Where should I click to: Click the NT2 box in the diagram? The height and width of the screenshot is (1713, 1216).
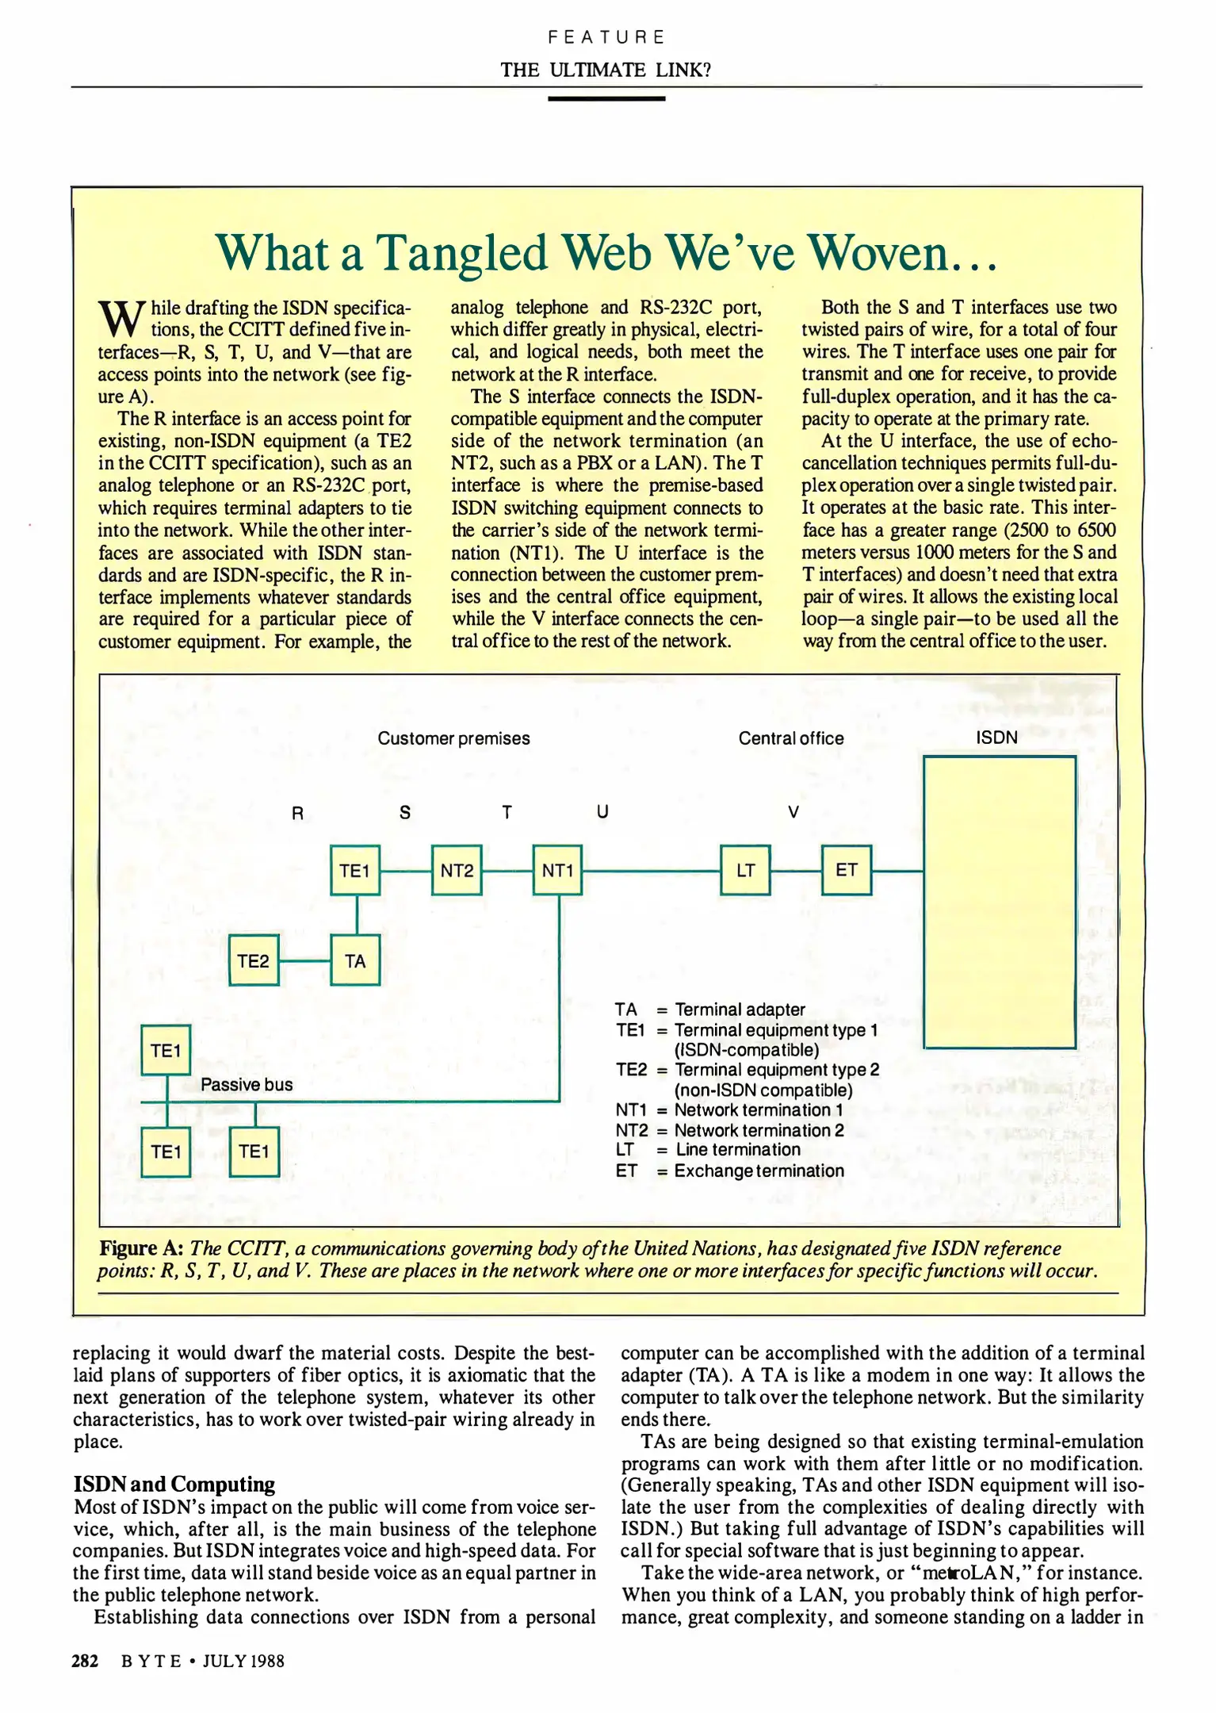(x=457, y=871)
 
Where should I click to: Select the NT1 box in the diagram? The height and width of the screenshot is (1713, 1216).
(x=558, y=871)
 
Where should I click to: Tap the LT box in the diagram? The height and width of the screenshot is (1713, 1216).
(x=745, y=871)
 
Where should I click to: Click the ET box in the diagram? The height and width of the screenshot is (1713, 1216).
(x=846, y=870)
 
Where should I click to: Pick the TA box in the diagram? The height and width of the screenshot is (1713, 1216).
(x=355, y=961)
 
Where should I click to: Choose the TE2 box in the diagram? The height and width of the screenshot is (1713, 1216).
(x=254, y=961)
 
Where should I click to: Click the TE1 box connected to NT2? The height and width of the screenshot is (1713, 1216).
(x=355, y=871)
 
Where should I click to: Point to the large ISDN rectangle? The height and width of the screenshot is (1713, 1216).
(x=999, y=902)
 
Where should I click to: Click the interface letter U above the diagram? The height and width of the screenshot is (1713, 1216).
(x=602, y=812)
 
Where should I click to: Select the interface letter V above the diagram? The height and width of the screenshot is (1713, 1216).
(x=793, y=812)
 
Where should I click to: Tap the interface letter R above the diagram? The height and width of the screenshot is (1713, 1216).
(x=298, y=813)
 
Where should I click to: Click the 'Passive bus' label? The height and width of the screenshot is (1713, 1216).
(x=247, y=1085)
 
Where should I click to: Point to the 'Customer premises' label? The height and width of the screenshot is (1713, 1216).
(x=453, y=738)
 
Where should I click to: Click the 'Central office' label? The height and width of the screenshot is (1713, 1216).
(x=791, y=738)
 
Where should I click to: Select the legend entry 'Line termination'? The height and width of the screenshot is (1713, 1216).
(x=737, y=1150)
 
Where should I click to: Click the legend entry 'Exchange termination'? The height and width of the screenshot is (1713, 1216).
(x=759, y=1171)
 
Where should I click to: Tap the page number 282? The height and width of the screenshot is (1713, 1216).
(x=85, y=1661)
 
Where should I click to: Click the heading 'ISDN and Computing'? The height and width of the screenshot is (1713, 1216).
(x=174, y=1484)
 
